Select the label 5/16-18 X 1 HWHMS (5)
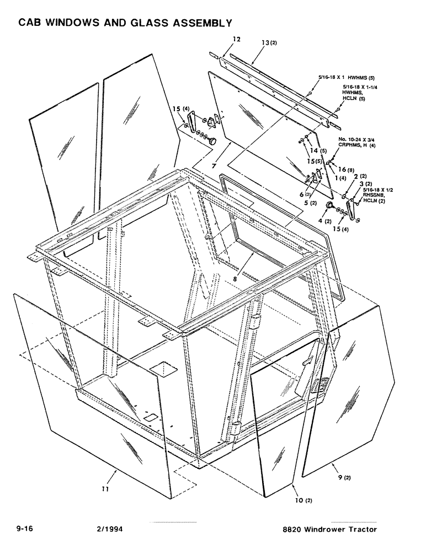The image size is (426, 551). coord(347,78)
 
